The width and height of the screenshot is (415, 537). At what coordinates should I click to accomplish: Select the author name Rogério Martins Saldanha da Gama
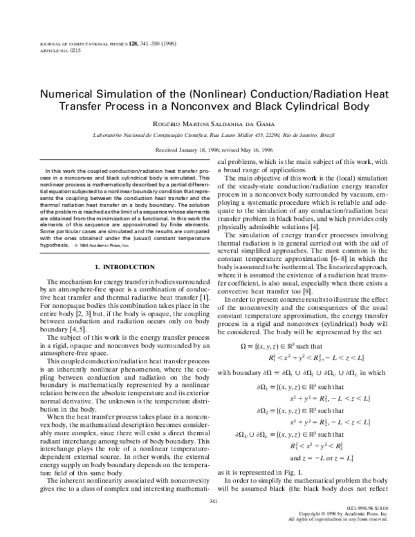(207, 122)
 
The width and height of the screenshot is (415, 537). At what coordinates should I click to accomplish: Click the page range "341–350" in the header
(151, 44)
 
